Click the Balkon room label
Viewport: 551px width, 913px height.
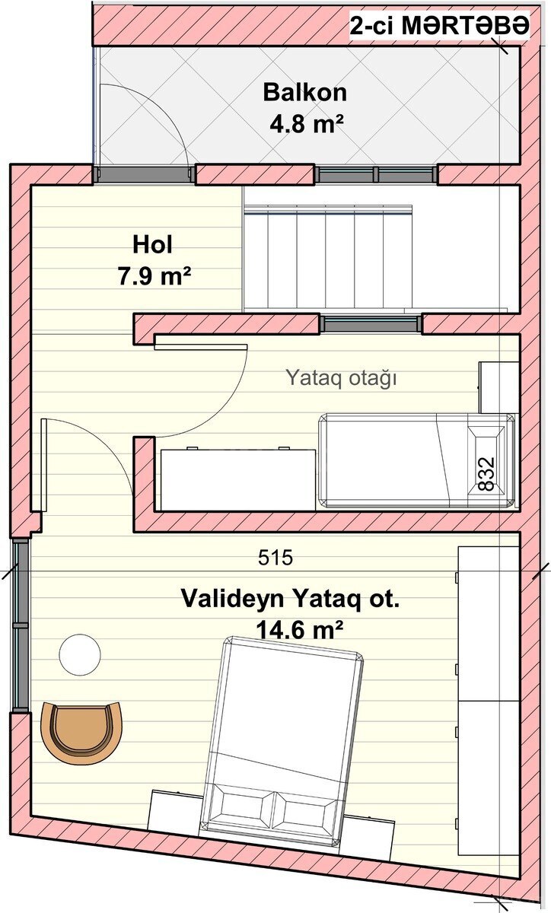tap(304, 93)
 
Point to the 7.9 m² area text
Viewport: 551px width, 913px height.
tap(154, 276)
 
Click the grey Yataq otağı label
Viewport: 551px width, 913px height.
tap(341, 378)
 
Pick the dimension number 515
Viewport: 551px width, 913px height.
tap(275, 558)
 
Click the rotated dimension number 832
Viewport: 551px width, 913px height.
tap(486, 473)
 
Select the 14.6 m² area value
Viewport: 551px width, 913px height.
tap(299, 630)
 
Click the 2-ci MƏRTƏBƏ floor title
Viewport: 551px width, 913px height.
tap(440, 26)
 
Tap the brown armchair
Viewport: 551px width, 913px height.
tap(81, 732)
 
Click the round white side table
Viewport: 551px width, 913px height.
tap(80, 655)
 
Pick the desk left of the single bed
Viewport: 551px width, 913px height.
tap(238, 480)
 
